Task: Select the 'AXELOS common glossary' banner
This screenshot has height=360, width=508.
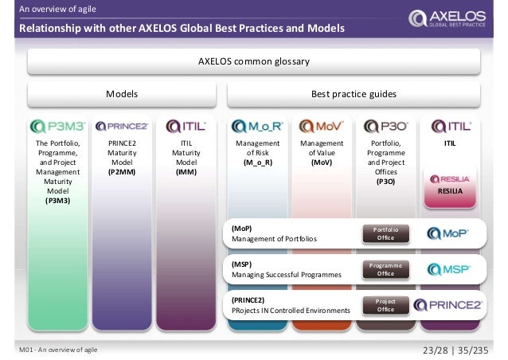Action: point(253,61)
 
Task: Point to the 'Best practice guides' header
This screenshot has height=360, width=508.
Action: point(354,95)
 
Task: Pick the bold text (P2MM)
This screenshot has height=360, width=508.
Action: point(122,170)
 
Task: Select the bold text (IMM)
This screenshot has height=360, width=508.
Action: point(186,170)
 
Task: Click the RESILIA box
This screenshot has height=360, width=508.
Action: point(451,185)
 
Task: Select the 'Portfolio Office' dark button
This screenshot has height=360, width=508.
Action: point(385,233)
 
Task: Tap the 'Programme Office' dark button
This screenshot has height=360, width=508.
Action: point(385,269)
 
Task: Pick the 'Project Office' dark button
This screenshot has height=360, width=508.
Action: point(385,305)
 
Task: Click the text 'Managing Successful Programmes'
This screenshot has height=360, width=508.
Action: point(286,275)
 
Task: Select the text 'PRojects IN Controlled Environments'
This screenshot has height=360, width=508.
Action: point(291,311)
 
